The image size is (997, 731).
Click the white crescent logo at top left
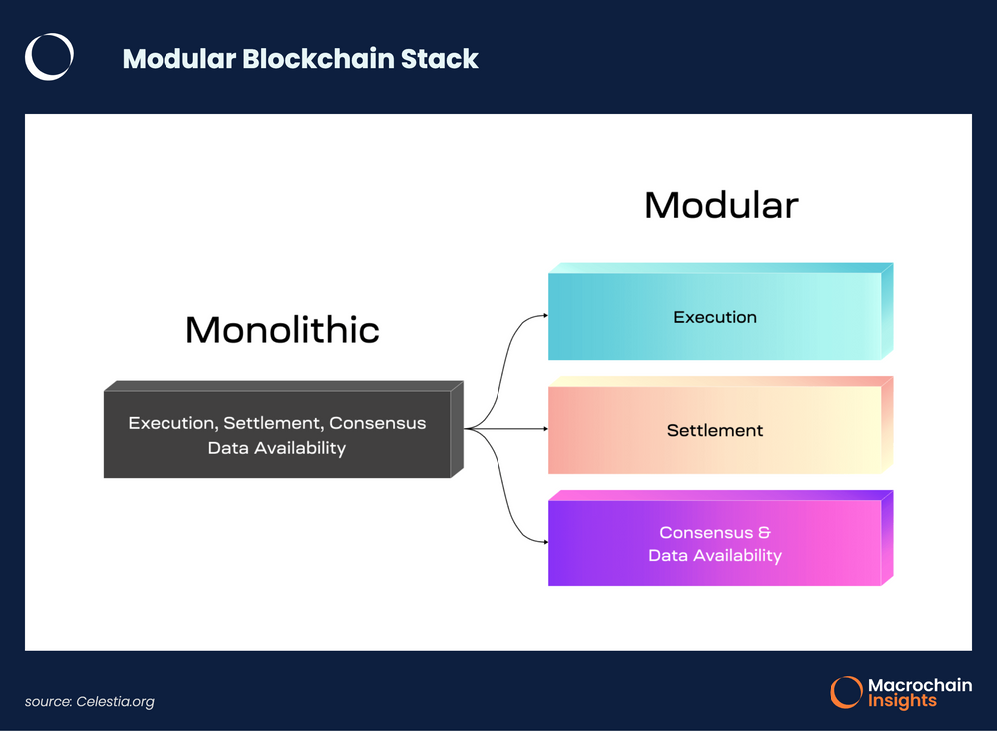tap(49, 57)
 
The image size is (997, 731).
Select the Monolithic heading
tap(282, 330)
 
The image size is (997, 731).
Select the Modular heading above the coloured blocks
tap(720, 205)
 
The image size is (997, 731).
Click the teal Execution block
tap(715, 317)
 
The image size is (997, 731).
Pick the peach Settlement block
tap(715, 430)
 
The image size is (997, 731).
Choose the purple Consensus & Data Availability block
tap(715, 543)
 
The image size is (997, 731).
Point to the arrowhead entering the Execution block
tap(544, 315)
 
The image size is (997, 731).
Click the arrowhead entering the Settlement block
tap(544, 429)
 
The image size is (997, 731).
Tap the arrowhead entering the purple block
tap(544, 542)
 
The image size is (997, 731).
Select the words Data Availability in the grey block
tap(276, 448)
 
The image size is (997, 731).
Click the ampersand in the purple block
tap(765, 533)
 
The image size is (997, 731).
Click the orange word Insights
tap(902, 701)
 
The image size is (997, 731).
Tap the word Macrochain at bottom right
tap(919, 685)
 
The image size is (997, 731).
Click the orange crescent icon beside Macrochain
tap(846, 692)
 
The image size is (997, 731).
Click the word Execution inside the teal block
tap(715, 317)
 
